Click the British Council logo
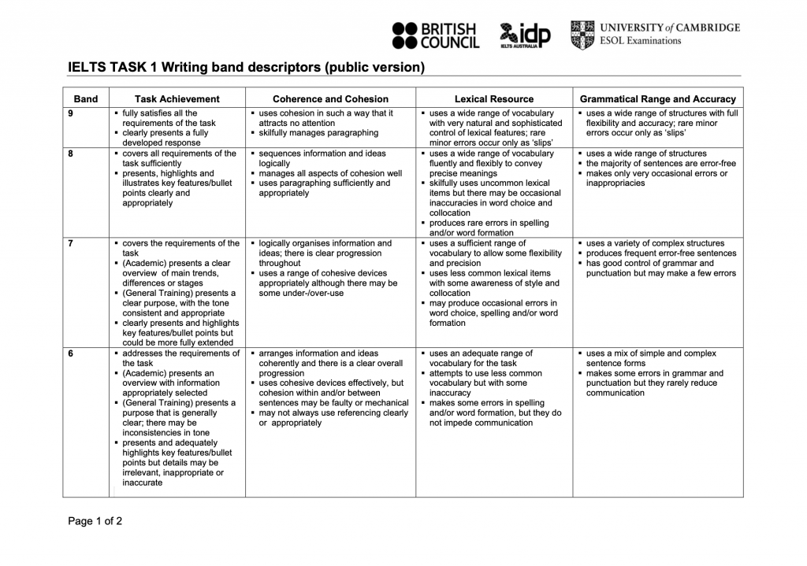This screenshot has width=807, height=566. (435, 35)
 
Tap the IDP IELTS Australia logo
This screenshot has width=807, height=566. (525, 35)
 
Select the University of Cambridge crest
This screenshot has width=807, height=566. (582, 35)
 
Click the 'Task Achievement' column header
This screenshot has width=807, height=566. (177, 99)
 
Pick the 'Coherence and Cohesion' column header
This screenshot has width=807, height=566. (330, 99)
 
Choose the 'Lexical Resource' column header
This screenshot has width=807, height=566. (493, 99)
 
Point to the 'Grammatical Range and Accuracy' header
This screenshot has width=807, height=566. (657, 99)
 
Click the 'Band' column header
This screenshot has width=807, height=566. (86, 99)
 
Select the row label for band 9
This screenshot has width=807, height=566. (71, 113)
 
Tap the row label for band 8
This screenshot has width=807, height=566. (71, 154)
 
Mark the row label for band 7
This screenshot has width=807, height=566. (71, 243)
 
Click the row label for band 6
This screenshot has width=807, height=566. (71, 353)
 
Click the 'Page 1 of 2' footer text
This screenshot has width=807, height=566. (95, 521)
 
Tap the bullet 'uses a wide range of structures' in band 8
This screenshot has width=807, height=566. (646, 154)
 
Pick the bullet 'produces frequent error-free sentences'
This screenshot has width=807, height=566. (661, 253)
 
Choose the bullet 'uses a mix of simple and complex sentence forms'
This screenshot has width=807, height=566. (651, 358)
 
